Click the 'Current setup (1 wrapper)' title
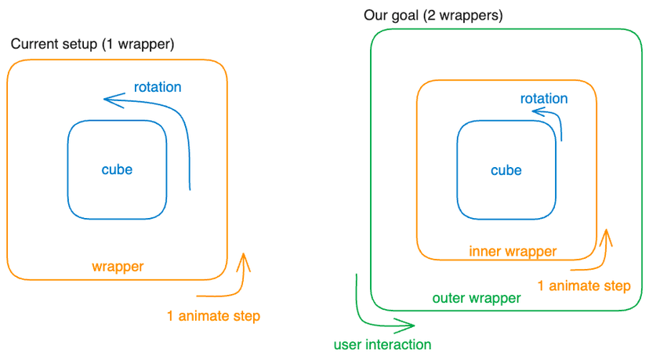coord(92,44)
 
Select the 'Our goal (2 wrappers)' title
coord(433,15)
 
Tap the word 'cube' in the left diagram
coord(117,169)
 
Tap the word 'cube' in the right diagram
coord(506,170)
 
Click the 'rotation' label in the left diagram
coord(157,87)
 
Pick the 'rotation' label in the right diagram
coord(544,99)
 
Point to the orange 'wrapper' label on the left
coord(118,267)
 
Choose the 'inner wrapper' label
coord(513,252)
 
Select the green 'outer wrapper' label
coord(477,298)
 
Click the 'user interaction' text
coord(383,344)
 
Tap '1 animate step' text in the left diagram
coord(212,316)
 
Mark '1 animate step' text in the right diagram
coord(584,285)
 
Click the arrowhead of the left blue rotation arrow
coord(107,98)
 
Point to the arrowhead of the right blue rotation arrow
coord(535,112)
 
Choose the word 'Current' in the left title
coord(32,44)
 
